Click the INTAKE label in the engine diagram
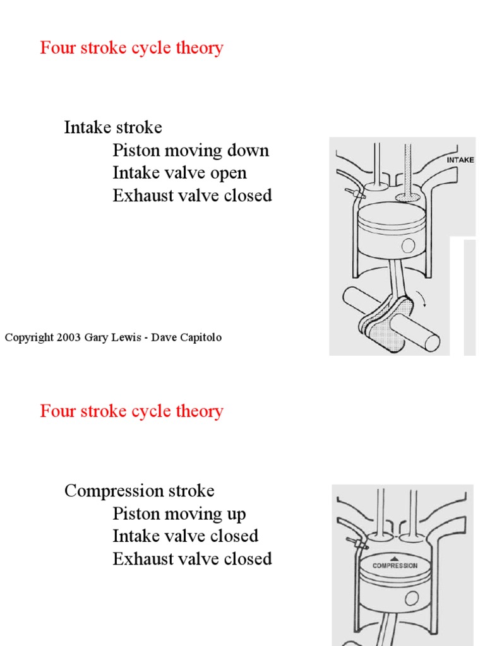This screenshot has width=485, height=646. coord(460,160)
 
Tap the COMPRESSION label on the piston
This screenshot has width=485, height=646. coord(395,566)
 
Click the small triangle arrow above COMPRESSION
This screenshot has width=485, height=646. coord(395,558)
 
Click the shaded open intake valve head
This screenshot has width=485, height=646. coord(408,197)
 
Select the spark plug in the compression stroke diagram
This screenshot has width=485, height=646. coord(352,542)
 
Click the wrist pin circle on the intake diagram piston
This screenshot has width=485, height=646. coord(409,245)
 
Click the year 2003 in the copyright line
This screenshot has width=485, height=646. coord(68,338)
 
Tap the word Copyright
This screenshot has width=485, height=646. coord(29,338)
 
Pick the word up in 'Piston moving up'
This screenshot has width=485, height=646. coord(236,514)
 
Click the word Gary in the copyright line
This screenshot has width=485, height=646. coord(97,338)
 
